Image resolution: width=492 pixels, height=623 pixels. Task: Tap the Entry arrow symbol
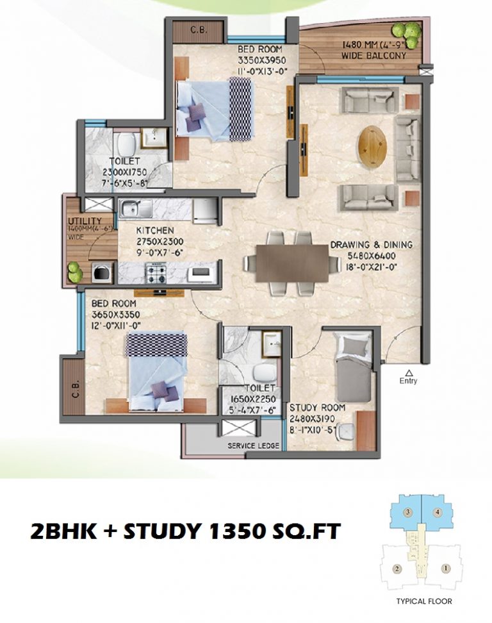[x=408, y=372]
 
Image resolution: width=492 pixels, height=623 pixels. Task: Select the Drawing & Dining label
[x=372, y=244]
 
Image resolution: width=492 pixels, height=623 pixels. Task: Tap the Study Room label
[x=317, y=408]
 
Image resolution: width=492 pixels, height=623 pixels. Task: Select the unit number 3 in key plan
[x=407, y=512]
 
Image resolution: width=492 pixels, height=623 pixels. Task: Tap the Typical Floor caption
[x=425, y=601]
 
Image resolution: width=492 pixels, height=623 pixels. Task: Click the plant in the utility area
[x=75, y=271]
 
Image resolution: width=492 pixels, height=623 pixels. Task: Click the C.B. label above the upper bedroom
[x=197, y=29]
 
